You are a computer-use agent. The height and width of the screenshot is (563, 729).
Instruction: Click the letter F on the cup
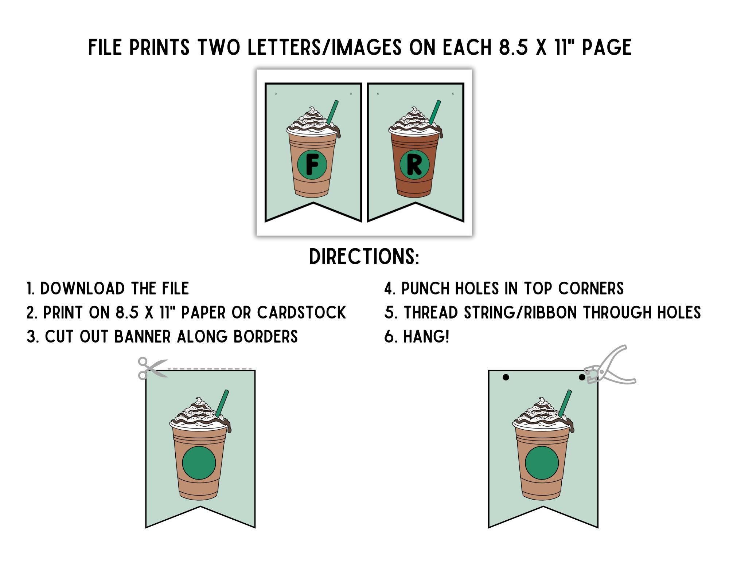point(312,165)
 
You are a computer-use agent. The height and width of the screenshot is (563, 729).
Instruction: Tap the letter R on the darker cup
point(414,165)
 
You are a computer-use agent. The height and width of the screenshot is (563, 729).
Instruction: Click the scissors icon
point(152,368)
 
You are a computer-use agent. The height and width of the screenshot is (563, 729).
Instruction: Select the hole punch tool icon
point(610,365)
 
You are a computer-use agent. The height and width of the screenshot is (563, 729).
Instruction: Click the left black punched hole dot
point(506,377)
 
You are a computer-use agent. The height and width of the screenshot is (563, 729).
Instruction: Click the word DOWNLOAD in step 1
point(83,288)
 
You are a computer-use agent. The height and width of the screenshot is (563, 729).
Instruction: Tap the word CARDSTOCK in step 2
point(301,312)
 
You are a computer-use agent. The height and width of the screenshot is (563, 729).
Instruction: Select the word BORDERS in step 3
point(266,336)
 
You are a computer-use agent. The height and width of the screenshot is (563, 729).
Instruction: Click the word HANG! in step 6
point(426,336)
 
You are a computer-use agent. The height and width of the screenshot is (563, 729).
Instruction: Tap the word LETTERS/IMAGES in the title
point(325,47)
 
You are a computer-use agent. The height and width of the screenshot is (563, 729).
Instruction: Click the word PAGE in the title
point(607,47)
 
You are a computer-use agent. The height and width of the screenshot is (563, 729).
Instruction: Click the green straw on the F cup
point(332,112)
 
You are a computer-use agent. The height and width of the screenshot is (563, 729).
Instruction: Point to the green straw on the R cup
point(435,112)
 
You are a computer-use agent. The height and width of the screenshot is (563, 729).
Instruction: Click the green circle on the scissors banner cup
point(199,463)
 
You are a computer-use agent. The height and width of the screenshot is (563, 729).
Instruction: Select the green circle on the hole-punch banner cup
point(542,463)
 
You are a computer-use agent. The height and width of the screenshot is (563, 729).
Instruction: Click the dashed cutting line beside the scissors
point(210,369)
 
